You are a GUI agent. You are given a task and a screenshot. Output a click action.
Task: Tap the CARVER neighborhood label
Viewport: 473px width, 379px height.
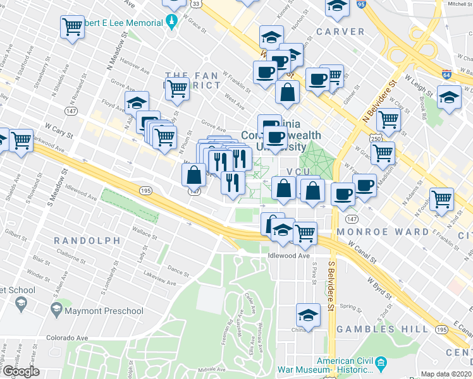[x=340, y=32]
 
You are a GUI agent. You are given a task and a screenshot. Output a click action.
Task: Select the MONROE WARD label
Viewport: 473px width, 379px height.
[x=383, y=232]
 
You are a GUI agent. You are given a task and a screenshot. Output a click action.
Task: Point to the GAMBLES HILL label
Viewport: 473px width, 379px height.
[x=375, y=329]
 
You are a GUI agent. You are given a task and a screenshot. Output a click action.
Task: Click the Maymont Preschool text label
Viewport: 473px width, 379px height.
[x=104, y=311]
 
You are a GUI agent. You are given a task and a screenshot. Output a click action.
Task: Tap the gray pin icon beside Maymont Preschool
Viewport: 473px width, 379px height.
[x=56, y=310]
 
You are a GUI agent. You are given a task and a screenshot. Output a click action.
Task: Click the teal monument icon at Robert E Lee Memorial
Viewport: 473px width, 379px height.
[x=172, y=23]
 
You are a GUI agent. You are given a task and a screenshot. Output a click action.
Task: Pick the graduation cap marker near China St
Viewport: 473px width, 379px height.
[x=308, y=314]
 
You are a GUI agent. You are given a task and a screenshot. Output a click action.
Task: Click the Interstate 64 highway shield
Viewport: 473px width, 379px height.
[x=446, y=74]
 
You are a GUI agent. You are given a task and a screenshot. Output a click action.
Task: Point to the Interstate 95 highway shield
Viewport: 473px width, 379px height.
[x=361, y=4]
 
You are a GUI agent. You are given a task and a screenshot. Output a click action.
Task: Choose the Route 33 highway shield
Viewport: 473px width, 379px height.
[x=197, y=4]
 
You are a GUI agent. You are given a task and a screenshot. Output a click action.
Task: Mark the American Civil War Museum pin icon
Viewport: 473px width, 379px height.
[x=381, y=363]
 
